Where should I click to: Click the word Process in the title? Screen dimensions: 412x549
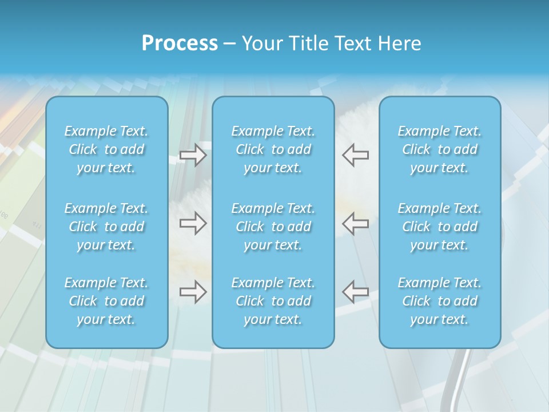point(180,43)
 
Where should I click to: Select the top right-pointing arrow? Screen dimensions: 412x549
point(193,155)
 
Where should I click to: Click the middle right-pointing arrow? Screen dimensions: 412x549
point(193,223)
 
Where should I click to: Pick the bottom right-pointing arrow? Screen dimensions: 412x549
point(193,292)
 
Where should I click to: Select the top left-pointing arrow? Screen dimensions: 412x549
point(356,155)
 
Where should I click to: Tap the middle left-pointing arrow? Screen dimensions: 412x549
point(356,223)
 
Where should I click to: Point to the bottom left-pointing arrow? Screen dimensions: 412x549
point(356,292)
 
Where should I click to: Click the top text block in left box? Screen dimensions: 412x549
point(106,149)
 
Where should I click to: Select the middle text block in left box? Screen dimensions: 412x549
point(106,227)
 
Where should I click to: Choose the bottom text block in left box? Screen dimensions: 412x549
point(106,301)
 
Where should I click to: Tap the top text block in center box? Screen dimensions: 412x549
point(273,149)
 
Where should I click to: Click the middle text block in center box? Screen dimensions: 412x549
point(273,227)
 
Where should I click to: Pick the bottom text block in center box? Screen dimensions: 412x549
point(273,301)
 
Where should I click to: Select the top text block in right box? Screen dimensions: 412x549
point(440,149)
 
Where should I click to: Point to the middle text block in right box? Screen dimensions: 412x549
point(440,227)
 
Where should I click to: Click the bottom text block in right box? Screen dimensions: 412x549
point(440,301)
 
